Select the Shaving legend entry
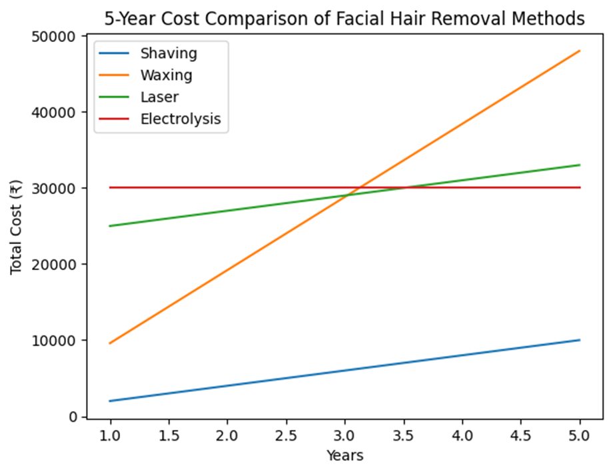click(x=168, y=53)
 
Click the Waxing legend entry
click(x=166, y=75)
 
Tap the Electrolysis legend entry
click(x=180, y=120)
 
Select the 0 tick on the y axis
click(x=73, y=417)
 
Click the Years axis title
click(x=344, y=456)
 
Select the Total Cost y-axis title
click(x=18, y=227)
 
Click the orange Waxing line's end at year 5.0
click(x=580, y=51)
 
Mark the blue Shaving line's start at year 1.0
click(x=110, y=401)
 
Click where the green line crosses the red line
click(x=403, y=187)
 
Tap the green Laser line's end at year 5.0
click(x=580, y=165)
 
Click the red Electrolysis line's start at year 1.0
click(x=110, y=187)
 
